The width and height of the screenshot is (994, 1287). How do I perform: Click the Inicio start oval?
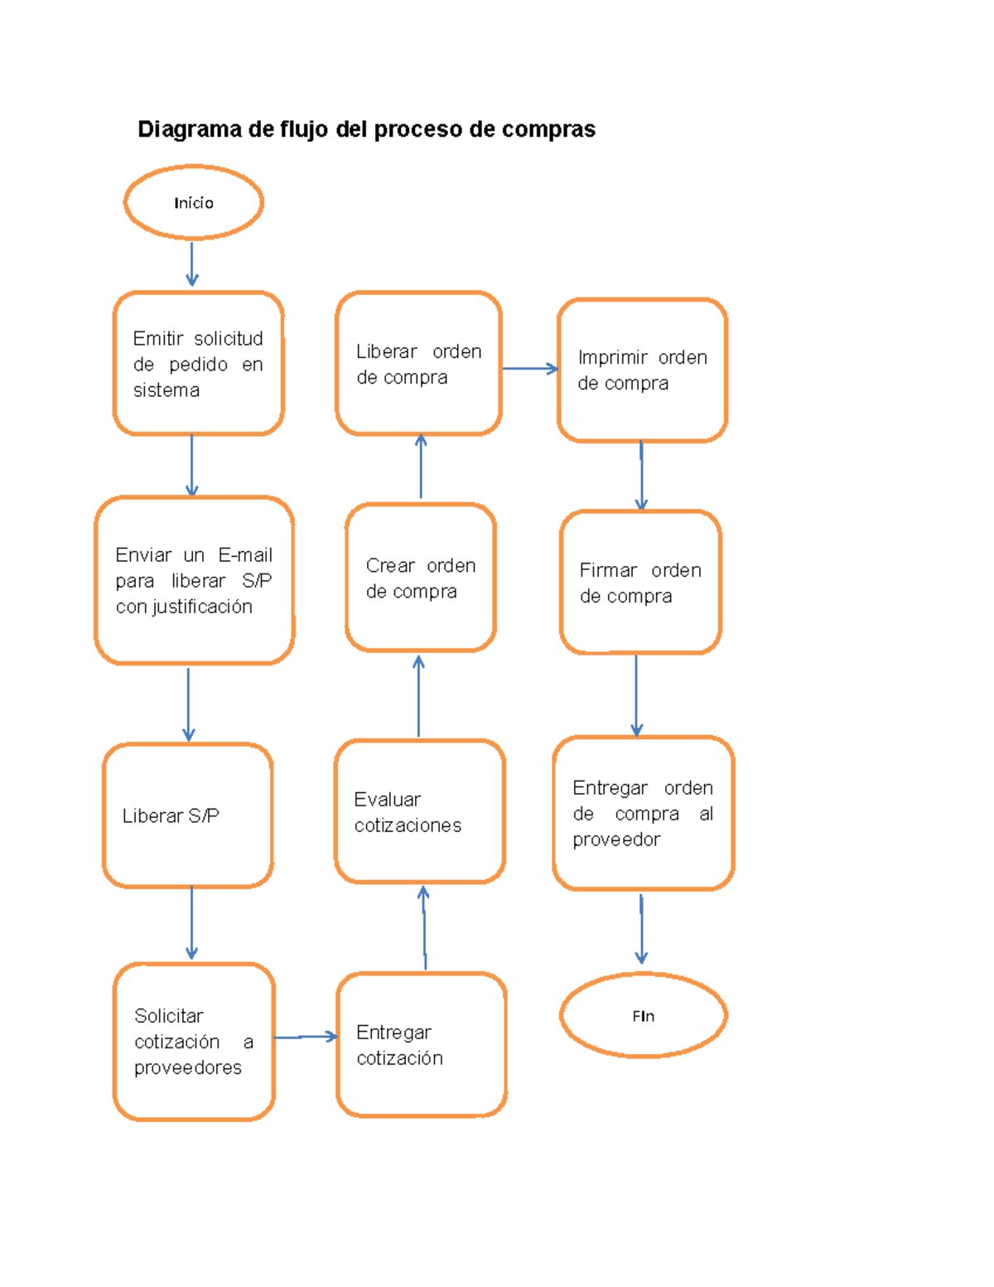(x=193, y=202)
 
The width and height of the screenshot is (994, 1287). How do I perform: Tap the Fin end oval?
(x=643, y=1015)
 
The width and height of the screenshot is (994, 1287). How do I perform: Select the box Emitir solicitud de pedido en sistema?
(x=198, y=363)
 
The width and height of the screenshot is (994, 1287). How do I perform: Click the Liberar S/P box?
(x=187, y=815)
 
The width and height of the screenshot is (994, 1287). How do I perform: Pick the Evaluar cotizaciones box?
(x=419, y=811)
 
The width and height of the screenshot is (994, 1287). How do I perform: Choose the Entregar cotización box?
(x=421, y=1044)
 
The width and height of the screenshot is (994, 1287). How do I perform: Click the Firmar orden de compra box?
(x=640, y=582)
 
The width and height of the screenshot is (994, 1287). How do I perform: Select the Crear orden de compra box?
(x=420, y=578)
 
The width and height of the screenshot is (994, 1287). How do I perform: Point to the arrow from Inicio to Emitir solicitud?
(x=191, y=264)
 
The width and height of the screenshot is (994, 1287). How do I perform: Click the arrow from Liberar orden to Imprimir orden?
(x=530, y=369)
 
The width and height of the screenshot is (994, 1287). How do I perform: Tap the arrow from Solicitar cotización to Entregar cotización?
(x=305, y=1037)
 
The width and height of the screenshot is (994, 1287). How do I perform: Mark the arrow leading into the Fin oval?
(x=641, y=928)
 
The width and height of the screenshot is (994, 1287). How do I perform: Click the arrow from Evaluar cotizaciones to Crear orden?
(x=418, y=696)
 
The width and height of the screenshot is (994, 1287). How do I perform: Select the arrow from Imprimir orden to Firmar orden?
(x=640, y=475)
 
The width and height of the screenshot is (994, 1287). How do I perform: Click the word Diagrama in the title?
(x=190, y=129)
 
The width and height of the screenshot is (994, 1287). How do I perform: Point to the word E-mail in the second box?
(x=245, y=554)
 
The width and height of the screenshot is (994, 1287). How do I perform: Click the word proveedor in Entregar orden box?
(x=616, y=839)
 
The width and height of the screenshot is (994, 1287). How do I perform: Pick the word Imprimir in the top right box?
(x=612, y=357)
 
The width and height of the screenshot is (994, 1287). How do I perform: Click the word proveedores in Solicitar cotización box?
(x=188, y=1067)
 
